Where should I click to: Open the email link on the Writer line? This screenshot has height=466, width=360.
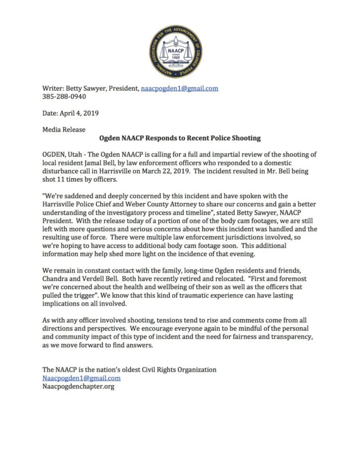180,88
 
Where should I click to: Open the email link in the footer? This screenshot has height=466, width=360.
81,378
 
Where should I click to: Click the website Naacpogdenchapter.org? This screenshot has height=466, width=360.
78,386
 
